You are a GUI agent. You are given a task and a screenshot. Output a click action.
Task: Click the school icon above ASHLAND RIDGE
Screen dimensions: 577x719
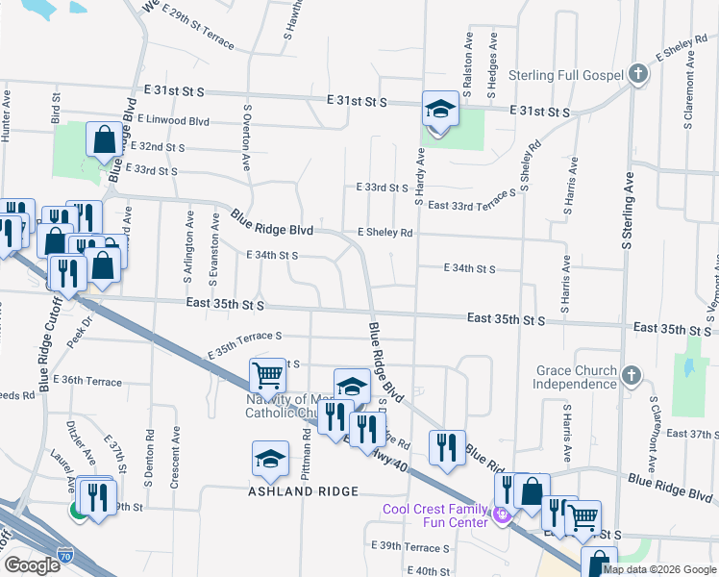[270, 460]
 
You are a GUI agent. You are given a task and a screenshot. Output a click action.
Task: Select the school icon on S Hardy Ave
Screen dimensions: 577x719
[439, 111]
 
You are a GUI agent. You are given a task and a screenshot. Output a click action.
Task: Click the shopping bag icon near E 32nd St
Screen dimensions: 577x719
[103, 140]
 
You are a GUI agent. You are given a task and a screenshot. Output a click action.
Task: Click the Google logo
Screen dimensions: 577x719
[32, 565]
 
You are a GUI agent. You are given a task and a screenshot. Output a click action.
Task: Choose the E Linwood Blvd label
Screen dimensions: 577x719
[173, 120]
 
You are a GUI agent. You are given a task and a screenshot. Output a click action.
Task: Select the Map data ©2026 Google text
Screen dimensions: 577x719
[659, 569]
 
